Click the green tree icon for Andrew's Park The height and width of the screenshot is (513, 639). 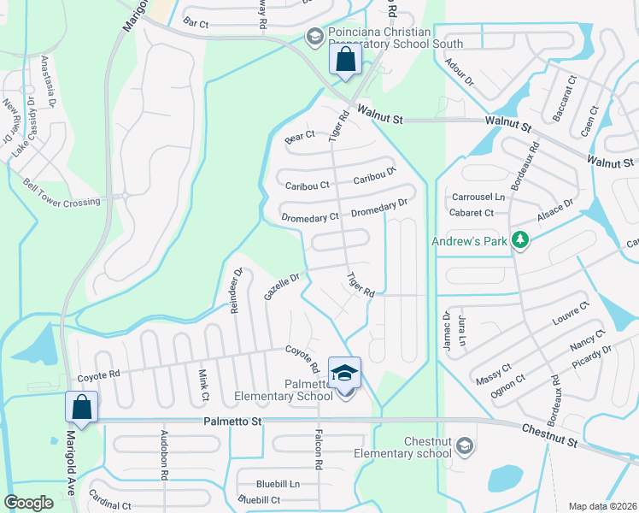tap(519, 241)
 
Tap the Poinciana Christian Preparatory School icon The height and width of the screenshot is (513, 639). tap(314, 36)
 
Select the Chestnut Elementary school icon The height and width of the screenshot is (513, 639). tap(464, 445)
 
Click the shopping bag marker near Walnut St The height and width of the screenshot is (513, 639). tap(345, 61)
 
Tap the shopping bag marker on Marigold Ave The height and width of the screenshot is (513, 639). tap(82, 407)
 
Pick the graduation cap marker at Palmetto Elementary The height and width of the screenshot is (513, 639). tap(344, 373)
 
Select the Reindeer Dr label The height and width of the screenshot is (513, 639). tap(237, 291)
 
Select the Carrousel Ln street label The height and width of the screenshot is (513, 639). tap(478, 197)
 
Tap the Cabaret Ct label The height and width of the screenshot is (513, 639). tap(472, 213)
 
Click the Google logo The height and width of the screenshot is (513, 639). tap(29, 502)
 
